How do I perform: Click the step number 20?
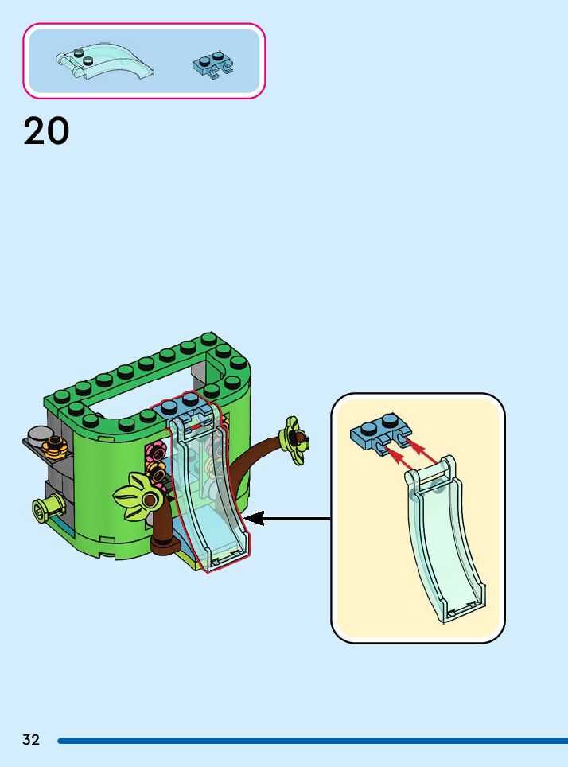46,131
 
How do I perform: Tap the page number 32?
31,740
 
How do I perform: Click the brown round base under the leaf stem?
165,545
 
